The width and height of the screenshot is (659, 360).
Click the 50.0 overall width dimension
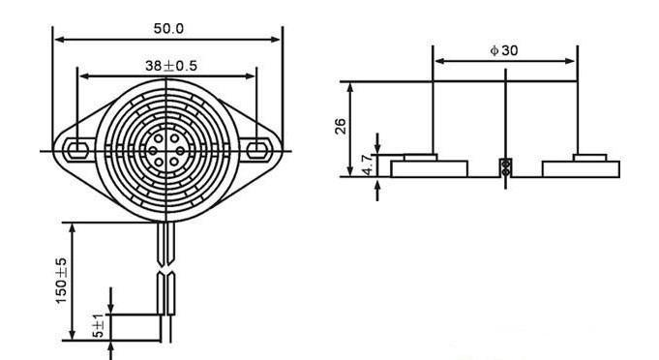click(168, 29)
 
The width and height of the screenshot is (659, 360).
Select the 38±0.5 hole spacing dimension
click(171, 66)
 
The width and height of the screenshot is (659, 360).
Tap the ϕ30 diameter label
click(504, 50)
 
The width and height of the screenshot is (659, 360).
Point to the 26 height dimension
click(341, 127)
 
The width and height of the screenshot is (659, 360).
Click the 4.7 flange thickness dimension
click(367, 165)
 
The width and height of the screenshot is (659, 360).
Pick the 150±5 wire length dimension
click(61, 281)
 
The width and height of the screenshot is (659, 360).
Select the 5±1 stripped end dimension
click(98, 325)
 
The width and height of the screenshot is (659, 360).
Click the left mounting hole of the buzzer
click(77, 150)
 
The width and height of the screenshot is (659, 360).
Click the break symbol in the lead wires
click(165, 269)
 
